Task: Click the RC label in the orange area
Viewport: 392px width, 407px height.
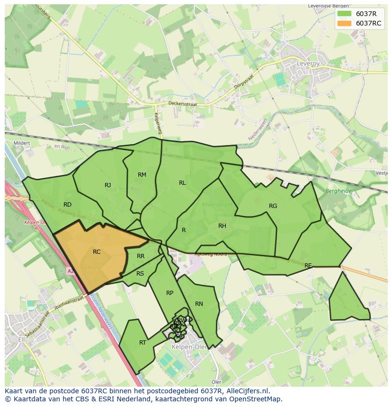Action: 97,252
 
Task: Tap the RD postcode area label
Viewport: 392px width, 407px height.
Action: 67,205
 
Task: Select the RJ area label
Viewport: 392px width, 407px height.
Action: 108,185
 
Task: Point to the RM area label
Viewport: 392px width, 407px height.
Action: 142,175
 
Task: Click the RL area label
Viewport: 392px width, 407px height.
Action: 182,183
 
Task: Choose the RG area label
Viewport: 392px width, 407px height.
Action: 273,206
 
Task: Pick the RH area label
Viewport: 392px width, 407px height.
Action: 222,226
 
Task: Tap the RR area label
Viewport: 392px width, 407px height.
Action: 141,256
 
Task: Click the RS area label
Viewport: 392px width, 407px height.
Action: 140,274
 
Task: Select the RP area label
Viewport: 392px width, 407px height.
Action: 169,293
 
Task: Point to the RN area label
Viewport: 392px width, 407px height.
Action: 199,304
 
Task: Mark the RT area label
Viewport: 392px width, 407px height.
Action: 143,343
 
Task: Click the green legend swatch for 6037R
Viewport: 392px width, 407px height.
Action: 345,14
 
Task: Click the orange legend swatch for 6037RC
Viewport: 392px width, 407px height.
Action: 345,23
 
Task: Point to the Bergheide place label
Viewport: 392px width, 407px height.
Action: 338,191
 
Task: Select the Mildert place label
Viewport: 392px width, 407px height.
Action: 22,143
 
